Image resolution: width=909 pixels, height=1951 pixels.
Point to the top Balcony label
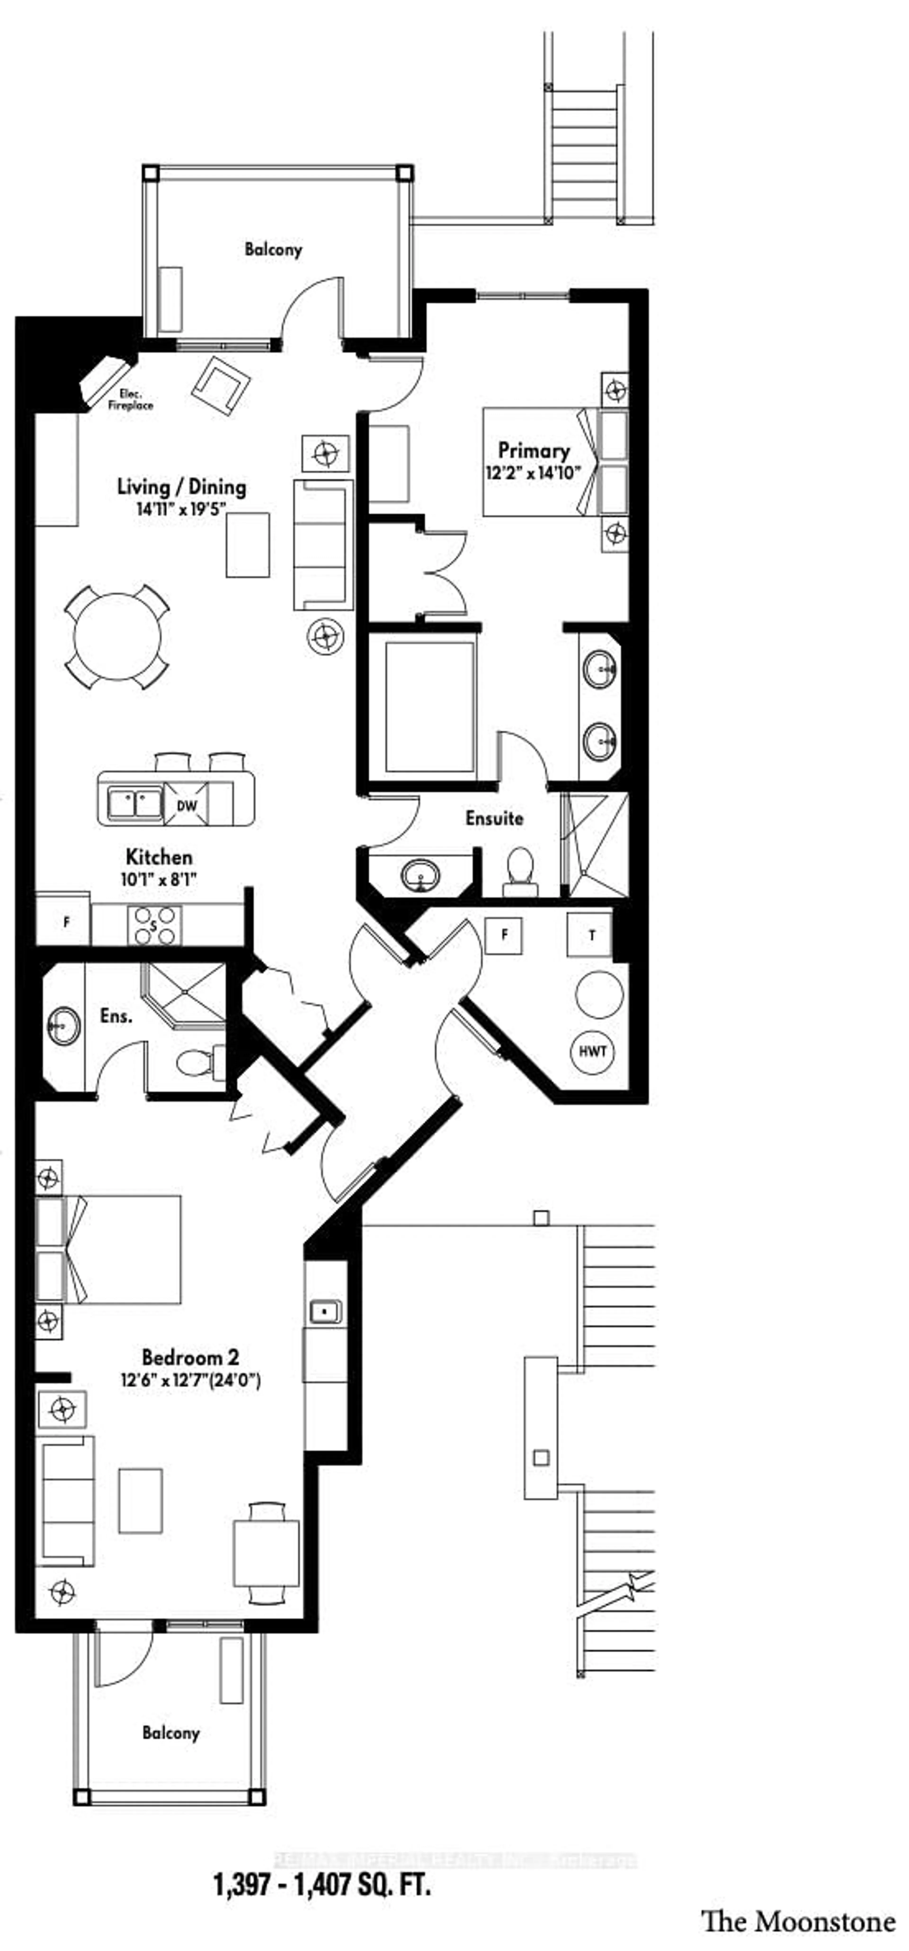(x=273, y=249)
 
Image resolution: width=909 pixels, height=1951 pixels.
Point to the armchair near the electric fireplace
(x=221, y=384)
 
